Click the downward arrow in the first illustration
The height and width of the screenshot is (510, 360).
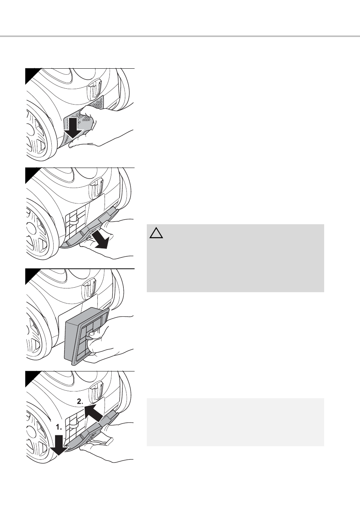pyautogui.click(x=73, y=128)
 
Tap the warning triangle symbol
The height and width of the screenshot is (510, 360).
pyautogui.click(x=156, y=233)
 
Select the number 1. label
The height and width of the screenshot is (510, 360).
pyautogui.click(x=59, y=427)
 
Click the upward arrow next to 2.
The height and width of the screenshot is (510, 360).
pyautogui.click(x=93, y=413)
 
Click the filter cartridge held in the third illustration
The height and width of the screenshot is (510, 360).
pyautogui.click(x=87, y=336)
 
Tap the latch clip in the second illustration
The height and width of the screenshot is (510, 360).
pyautogui.click(x=96, y=187)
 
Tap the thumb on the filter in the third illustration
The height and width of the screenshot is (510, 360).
pyautogui.click(x=93, y=334)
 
